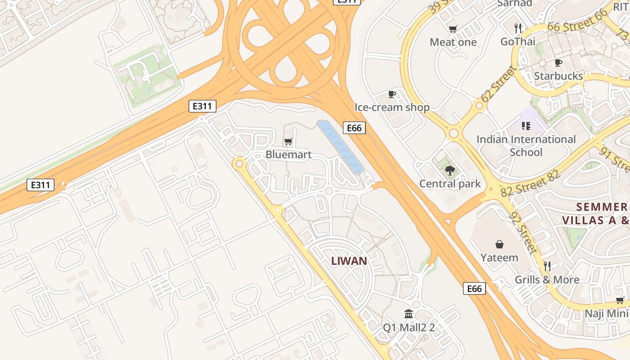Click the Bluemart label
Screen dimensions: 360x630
tap(288, 154)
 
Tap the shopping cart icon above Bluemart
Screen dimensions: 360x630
tap(288, 141)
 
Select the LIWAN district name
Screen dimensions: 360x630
tap(349, 261)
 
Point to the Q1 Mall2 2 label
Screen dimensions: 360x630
tap(409, 327)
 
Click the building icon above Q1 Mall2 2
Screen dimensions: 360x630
tap(409, 314)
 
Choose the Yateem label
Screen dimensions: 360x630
tap(499, 258)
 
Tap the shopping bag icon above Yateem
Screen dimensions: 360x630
tap(499, 244)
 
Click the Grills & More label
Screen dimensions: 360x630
tap(547, 279)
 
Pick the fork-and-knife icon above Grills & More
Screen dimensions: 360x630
tap(547, 266)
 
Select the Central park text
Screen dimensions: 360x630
tap(450, 184)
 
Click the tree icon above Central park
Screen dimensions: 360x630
tap(450, 170)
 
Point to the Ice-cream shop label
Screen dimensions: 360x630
tap(392, 107)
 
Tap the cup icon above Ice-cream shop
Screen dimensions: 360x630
tap(392, 94)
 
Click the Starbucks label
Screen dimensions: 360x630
tap(558, 76)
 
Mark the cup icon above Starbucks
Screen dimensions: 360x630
tap(558, 63)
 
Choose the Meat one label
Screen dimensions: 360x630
tap(453, 42)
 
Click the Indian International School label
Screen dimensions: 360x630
tap(526, 145)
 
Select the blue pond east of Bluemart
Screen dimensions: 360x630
tap(340, 146)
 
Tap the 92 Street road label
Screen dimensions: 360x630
tap(523, 233)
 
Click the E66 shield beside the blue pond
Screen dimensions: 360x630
tap(354, 128)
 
